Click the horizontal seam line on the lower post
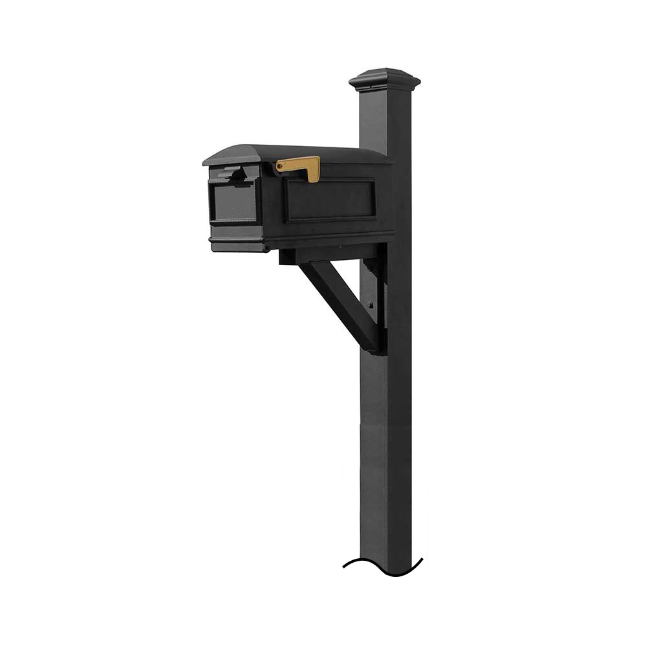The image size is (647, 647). click(384, 426)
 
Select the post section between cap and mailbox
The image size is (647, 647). click(373, 124)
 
